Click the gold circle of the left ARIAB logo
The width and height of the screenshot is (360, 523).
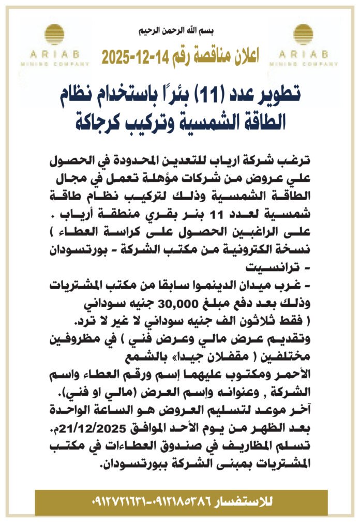(54, 35)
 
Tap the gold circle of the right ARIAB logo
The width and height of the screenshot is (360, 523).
(304, 35)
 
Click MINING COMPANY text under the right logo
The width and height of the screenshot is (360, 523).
(304, 64)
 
